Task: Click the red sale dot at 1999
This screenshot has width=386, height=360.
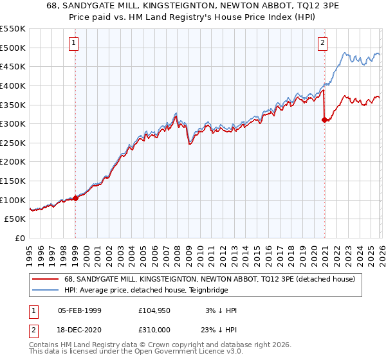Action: [x=75, y=198]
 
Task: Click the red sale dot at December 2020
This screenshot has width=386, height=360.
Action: [x=324, y=120]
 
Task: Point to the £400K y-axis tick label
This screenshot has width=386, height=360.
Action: [x=13, y=85]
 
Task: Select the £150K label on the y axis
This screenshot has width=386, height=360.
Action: [x=13, y=181]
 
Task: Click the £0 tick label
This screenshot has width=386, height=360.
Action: [x=19, y=238]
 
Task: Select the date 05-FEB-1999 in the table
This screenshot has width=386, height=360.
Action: [x=80, y=310]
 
